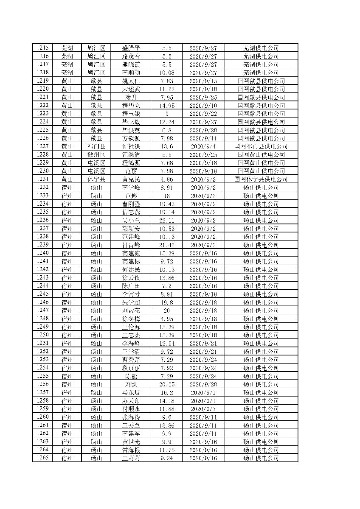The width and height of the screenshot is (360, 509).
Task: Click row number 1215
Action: pyautogui.click(x=42, y=48)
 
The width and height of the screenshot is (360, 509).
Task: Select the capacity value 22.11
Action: pyautogui.click(x=166, y=221)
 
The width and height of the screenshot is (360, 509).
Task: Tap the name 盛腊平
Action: pyautogui.click(x=131, y=48)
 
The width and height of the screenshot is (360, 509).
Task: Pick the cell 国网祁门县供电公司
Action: pyautogui.click(x=261, y=146)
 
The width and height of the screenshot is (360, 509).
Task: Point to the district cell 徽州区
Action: pyautogui.click(x=96, y=155)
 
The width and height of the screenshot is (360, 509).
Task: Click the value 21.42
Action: pyautogui.click(x=166, y=245)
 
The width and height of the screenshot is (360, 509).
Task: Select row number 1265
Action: pyautogui.click(x=42, y=458)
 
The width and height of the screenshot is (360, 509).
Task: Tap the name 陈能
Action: pyautogui.click(x=131, y=376)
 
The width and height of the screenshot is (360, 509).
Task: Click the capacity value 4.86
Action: pyautogui.click(x=166, y=179)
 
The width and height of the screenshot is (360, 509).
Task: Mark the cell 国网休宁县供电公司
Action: pyautogui.click(x=261, y=179)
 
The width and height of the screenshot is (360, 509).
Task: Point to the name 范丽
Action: pyautogui.click(x=131, y=171)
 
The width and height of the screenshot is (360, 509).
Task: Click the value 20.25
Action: pyautogui.click(x=166, y=384)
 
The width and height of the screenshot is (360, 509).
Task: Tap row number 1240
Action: pyautogui.click(x=42, y=253)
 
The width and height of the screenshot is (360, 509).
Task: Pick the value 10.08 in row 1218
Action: pyautogui.click(x=166, y=73)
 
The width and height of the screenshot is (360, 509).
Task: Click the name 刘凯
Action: pyautogui.click(x=131, y=384)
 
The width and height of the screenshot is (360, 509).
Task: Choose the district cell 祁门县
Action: pyautogui.click(x=96, y=146)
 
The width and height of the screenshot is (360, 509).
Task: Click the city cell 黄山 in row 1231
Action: pyautogui.click(x=67, y=179)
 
